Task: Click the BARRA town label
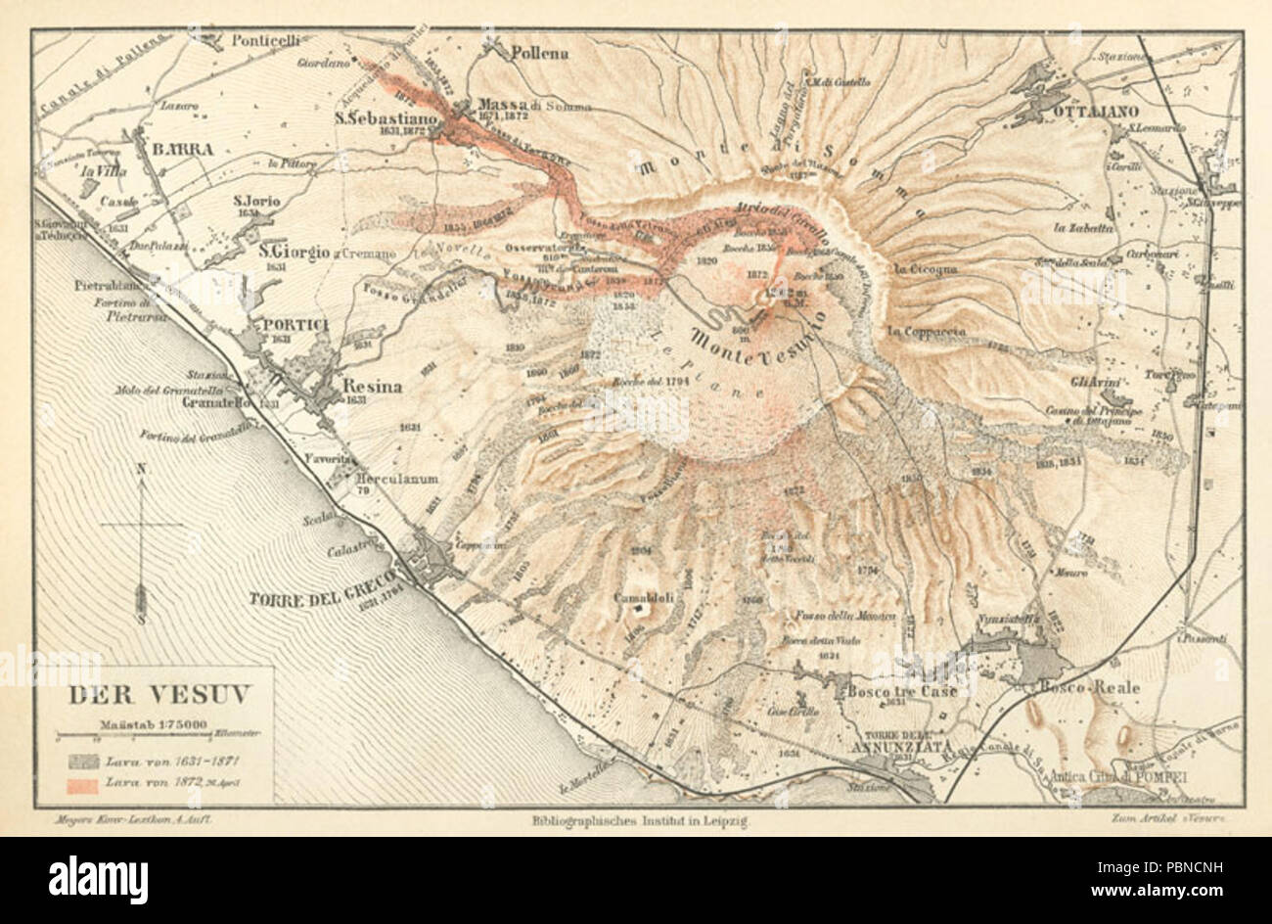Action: tap(182, 150)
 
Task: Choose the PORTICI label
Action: tap(285, 325)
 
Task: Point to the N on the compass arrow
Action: tap(143, 469)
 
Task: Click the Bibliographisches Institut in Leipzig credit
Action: tap(639, 824)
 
